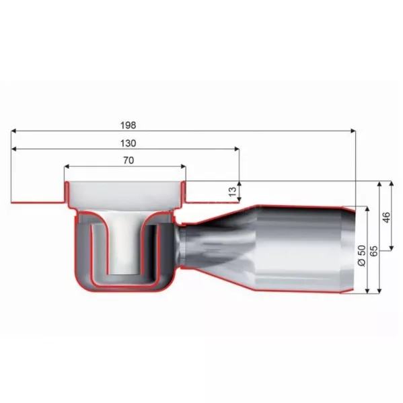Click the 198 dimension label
[129, 125]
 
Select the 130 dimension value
[129, 143]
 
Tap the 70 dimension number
[129, 160]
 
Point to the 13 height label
[232, 192]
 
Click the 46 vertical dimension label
[386, 217]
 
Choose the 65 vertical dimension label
[374, 251]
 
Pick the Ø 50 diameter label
[361, 255]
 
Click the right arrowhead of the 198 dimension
[353, 131]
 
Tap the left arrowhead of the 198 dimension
[14, 131]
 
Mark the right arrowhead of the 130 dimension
[237, 149]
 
